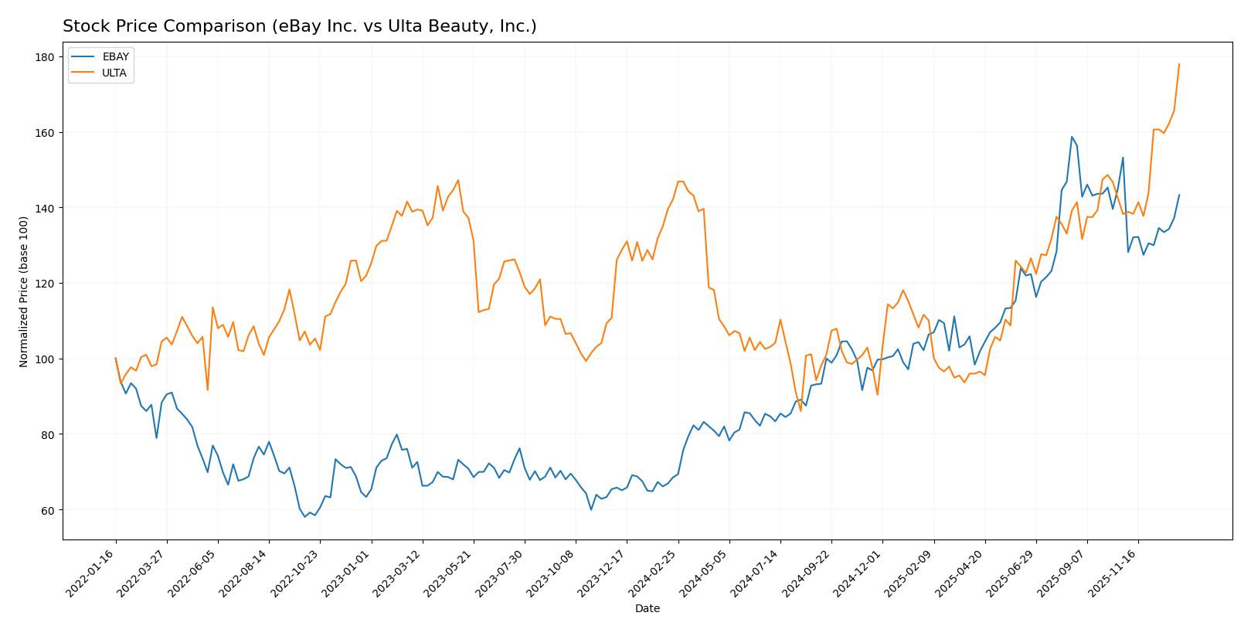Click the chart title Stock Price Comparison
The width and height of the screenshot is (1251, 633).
(x=299, y=26)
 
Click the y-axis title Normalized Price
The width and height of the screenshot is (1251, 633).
(x=24, y=291)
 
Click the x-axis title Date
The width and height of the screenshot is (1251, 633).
(x=647, y=609)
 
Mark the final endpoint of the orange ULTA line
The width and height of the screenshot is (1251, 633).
(x=1179, y=64)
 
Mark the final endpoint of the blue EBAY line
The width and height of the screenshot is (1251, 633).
(x=1179, y=195)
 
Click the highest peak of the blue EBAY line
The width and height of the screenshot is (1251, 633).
(x=1072, y=137)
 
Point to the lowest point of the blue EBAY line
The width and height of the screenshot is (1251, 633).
(x=304, y=516)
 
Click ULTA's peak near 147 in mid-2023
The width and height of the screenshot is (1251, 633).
(x=458, y=180)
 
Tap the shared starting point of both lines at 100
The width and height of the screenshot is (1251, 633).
(x=116, y=359)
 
